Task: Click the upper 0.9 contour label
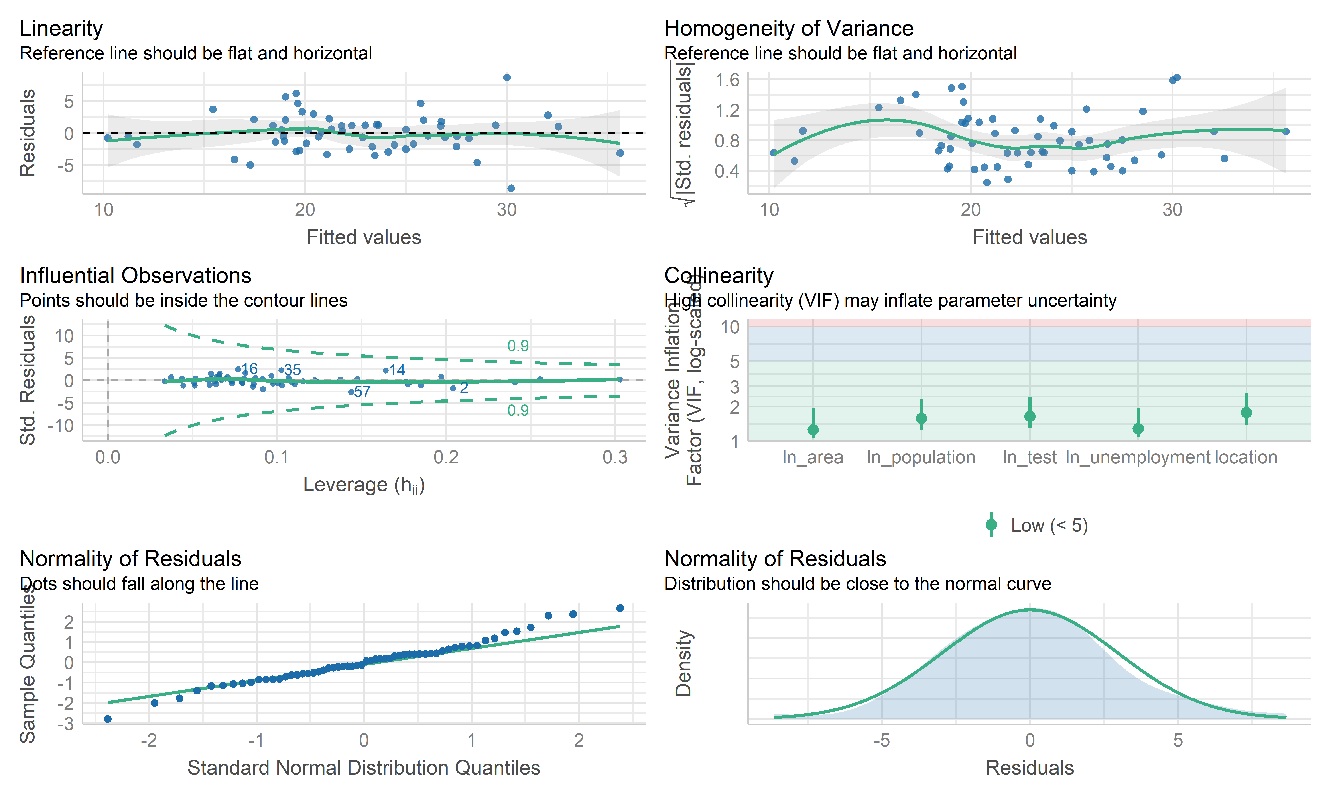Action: click(x=518, y=346)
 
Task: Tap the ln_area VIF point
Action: click(x=813, y=430)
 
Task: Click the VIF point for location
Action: click(x=1246, y=413)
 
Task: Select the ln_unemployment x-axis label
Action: click(x=1137, y=458)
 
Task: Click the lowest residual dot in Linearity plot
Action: click(x=511, y=188)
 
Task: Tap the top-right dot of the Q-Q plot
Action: click(x=620, y=608)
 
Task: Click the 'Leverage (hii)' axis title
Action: click(x=364, y=485)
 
